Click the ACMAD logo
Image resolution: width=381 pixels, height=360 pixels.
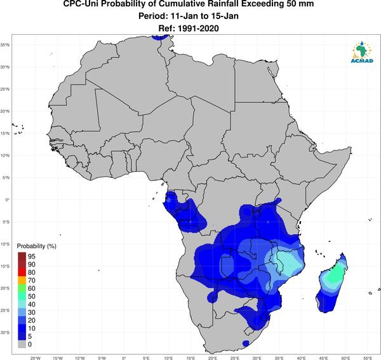[362, 52]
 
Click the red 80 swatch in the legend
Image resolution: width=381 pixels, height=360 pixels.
[22, 272]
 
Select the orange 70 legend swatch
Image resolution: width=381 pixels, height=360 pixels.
[22, 281]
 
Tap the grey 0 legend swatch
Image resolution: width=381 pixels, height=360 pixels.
[22, 344]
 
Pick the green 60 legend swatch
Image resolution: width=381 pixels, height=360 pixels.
[22, 288]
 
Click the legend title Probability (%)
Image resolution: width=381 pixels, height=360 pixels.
[36, 246]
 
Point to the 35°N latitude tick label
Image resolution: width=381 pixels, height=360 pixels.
[5, 45]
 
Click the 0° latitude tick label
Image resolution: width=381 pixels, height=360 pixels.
[8, 199]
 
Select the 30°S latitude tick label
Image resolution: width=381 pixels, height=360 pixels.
[5, 332]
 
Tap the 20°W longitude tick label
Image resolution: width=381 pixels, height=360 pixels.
[36, 358]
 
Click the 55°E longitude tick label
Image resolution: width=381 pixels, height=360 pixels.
[368, 358]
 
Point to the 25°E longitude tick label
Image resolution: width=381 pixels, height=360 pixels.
[235, 358]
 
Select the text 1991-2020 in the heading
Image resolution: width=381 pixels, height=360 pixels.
[198, 29]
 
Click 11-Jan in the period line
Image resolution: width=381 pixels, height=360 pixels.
[185, 16]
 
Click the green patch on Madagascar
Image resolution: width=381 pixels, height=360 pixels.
[335, 274]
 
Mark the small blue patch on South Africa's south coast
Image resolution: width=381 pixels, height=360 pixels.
[246, 343]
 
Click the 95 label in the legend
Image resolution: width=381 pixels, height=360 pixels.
[32, 257]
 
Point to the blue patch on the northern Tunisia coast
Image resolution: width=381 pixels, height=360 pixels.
[160, 37]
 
